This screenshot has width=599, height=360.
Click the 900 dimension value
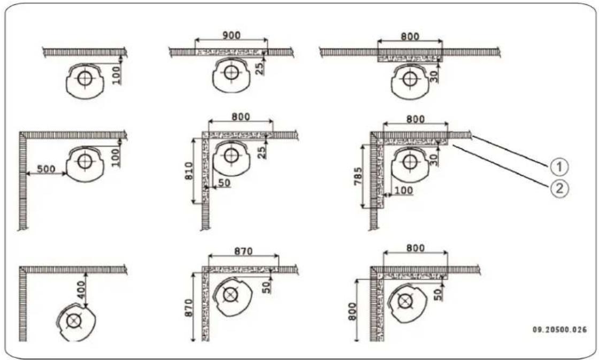point(232,34)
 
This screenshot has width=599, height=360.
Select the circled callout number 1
point(559,167)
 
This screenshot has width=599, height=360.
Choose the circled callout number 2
point(559,187)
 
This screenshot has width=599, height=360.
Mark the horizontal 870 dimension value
point(244,250)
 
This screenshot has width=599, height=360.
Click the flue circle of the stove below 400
point(74,321)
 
